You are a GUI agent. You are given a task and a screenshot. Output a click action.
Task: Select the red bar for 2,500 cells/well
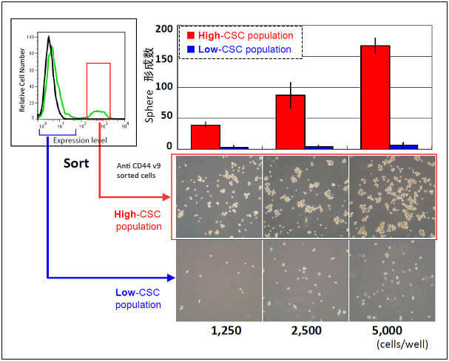(290, 122)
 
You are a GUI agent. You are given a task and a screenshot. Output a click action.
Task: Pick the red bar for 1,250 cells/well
(206, 137)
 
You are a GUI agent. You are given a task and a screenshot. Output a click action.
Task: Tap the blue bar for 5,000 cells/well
(404, 147)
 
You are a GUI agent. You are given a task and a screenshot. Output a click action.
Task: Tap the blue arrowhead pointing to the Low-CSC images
(172, 278)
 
